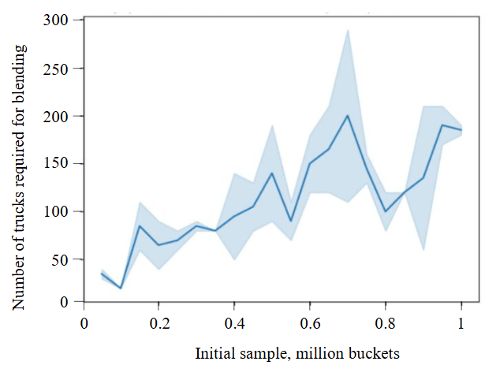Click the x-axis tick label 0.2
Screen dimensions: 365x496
pyautogui.click(x=158, y=322)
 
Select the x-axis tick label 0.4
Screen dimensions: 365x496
pyautogui.click(x=234, y=322)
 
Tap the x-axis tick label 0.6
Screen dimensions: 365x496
pyautogui.click(x=310, y=322)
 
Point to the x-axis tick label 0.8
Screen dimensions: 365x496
pyautogui.click(x=385, y=322)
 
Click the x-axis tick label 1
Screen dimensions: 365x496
pyautogui.click(x=461, y=322)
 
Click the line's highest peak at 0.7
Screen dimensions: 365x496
pyautogui.click(x=348, y=116)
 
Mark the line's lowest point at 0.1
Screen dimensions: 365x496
pyautogui.click(x=121, y=288)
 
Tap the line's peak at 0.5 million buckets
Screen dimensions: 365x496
pyautogui.click(x=272, y=173)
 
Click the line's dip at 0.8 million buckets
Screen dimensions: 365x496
pyautogui.click(x=386, y=211)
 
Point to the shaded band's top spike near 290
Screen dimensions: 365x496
pyautogui.click(x=348, y=30)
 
